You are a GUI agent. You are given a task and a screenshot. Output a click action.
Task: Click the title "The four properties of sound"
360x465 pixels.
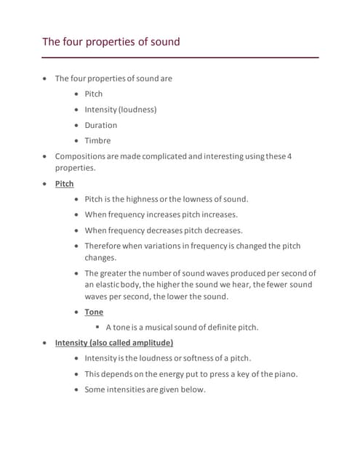click(111, 41)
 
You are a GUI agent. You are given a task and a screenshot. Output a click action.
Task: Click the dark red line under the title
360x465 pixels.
click(180, 57)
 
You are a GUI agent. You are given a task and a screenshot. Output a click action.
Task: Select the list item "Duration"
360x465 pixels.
click(100, 125)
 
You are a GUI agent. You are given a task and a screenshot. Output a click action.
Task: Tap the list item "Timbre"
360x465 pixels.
click(97, 141)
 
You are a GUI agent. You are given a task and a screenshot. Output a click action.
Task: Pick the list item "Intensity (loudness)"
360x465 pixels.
click(120, 110)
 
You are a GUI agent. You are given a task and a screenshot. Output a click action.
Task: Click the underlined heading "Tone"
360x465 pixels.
click(94, 312)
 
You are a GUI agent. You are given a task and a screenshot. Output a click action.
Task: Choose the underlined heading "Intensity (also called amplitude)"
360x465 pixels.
click(113, 342)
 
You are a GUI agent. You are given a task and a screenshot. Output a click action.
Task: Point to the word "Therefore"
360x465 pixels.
click(106, 246)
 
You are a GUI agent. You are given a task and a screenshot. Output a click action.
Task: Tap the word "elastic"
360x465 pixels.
click(108, 285)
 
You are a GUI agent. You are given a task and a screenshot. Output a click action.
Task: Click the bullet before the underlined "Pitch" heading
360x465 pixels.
click(47, 184)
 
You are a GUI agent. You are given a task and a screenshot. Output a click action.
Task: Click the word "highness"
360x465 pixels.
click(145, 199)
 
